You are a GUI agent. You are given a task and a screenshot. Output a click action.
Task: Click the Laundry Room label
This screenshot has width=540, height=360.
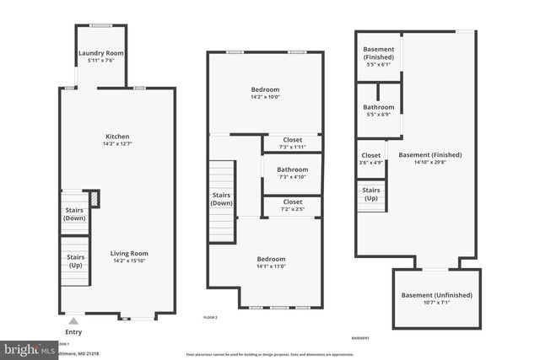click(x=101, y=54)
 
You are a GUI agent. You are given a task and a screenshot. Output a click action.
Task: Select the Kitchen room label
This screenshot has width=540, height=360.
click(x=116, y=137)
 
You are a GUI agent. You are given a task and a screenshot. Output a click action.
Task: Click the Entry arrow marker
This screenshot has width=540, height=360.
click(x=73, y=320)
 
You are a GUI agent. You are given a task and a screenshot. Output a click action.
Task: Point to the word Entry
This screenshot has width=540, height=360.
click(x=73, y=332)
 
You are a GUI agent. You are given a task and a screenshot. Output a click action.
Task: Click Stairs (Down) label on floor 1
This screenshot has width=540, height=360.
click(x=74, y=214)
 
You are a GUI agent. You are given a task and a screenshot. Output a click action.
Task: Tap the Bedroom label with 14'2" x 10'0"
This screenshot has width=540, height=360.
click(x=265, y=89)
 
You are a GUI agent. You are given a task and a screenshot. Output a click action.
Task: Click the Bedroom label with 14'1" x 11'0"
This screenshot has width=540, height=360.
click(x=271, y=259)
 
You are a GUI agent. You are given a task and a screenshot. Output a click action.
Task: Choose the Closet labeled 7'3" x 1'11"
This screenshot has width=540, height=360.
click(x=292, y=140)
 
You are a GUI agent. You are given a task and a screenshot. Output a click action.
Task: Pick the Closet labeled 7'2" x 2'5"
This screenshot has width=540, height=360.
click(x=292, y=202)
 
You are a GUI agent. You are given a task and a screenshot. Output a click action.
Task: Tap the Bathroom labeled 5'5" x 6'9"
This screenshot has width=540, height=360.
click(x=378, y=107)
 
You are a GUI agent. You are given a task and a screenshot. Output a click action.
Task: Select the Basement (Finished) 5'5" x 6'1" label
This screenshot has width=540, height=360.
click(x=378, y=53)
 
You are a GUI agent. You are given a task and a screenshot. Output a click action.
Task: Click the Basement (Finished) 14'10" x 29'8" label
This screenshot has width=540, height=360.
click(x=429, y=154)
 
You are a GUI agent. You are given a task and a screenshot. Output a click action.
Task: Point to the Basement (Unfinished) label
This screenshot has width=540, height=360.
click(x=436, y=295)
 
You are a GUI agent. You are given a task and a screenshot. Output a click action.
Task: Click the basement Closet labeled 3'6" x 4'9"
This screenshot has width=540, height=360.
click(x=370, y=155)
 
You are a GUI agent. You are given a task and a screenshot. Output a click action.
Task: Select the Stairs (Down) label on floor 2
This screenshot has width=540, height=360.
click(x=222, y=199)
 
